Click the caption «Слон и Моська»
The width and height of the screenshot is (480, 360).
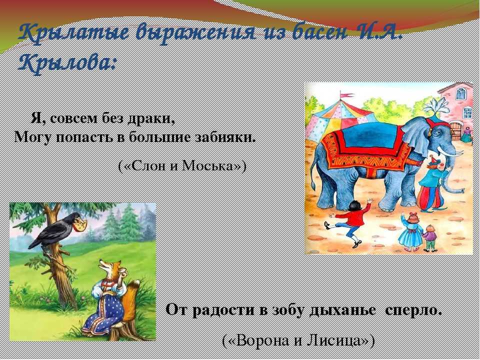click(182, 165)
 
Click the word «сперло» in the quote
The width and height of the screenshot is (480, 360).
click(413, 310)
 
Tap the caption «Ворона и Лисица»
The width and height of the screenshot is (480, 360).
click(298, 340)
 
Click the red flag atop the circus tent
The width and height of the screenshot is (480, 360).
click(347, 95)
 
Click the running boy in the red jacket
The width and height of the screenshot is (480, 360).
click(349, 222)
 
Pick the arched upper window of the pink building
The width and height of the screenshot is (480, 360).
click(461, 93)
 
